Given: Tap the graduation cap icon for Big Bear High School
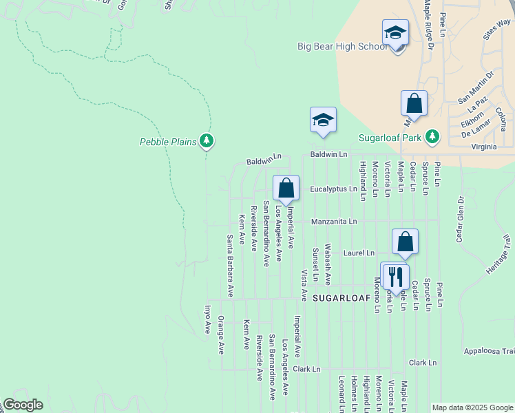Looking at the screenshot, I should pyautogui.click(x=396, y=33).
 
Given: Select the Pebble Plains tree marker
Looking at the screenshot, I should pyautogui.click(x=207, y=142).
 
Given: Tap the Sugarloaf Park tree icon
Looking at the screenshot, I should pyautogui.click(x=432, y=136).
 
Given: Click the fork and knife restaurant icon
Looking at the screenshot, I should pyautogui.click(x=395, y=276).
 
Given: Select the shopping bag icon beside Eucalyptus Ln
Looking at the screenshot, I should pyautogui.click(x=286, y=188).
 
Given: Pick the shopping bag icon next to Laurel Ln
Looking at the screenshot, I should pyautogui.click(x=406, y=242).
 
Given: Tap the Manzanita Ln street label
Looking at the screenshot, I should pyautogui.click(x=334, y=222).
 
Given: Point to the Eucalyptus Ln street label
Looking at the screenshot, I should pyautogui.click(x=333, y=189).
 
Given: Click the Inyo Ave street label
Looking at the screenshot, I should pyautogui.click(x=207, y=319).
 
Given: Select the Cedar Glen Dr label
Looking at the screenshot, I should pyautogui.click(x=459, y=220).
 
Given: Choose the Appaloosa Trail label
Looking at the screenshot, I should pyautogui.click(x=489, y=350).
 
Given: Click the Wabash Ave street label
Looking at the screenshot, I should pyautogui.click(x=328, y=264).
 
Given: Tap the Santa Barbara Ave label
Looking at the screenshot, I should pyautogui.click(x=231, y=266).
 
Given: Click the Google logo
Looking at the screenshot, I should pyautogui.click(x=23, y=405).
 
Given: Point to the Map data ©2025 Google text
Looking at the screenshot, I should pyautogui.click(x=472, y=407).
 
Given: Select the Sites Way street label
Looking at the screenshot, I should pyautogui.click(x=496, y=34).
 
